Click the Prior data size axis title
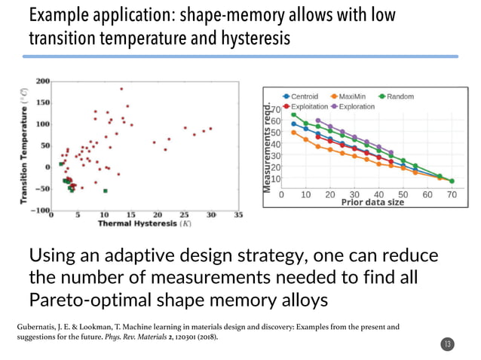[372, 202]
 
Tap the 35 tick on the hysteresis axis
[238, 215]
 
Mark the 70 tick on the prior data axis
[451, 194]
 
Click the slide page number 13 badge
[448, 344]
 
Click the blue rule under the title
[241, 56]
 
